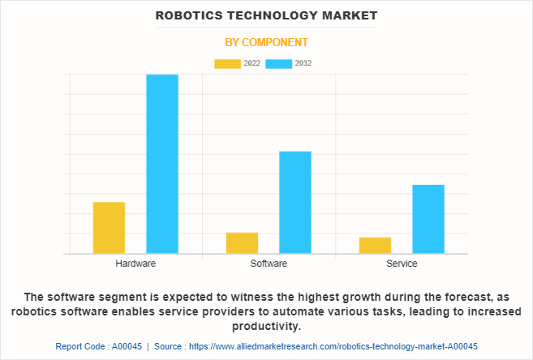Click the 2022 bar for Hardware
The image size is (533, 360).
[x=109, y=228]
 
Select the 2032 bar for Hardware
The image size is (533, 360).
[x=162, y=164]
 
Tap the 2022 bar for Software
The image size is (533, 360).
[x=242, y=243]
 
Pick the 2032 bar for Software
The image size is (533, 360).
[x=295, y=203]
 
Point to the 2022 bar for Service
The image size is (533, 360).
[x=375, y=246]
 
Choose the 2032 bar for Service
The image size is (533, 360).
[x=428, y=219]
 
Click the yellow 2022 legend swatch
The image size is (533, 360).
[x=227, y=63]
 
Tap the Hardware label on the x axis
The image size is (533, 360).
[x=135, y=264]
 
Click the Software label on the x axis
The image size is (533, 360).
[x=269, y=264]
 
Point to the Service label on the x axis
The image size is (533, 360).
[x=402, y=264]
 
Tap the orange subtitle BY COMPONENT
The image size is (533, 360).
[x=266, y=42]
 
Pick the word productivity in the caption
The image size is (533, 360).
[x=266, y=327]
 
